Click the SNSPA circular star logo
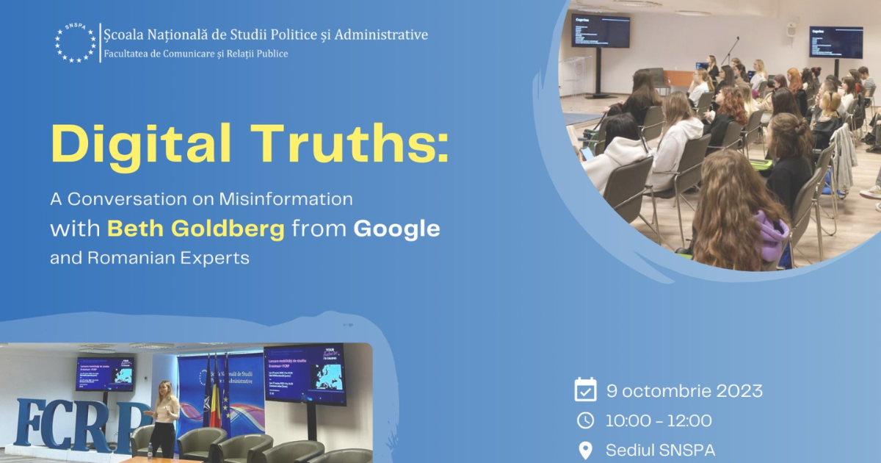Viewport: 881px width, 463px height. [76, 43]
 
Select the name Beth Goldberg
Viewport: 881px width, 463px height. [195, 229]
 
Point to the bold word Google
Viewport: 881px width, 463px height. [396, 229]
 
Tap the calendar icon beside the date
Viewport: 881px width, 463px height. [585, 390]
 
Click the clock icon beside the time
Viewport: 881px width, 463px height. [585, 420]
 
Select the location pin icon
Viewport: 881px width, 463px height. [585, 450]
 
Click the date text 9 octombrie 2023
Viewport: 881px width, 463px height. [684, 391]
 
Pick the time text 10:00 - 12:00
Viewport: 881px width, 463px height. [659, 421]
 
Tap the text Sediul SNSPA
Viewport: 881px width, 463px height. [660, 450]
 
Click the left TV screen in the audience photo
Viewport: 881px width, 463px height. [600, 32]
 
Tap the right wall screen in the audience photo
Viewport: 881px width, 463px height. [835, 42]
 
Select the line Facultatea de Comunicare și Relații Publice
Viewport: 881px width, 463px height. [196, 54]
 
